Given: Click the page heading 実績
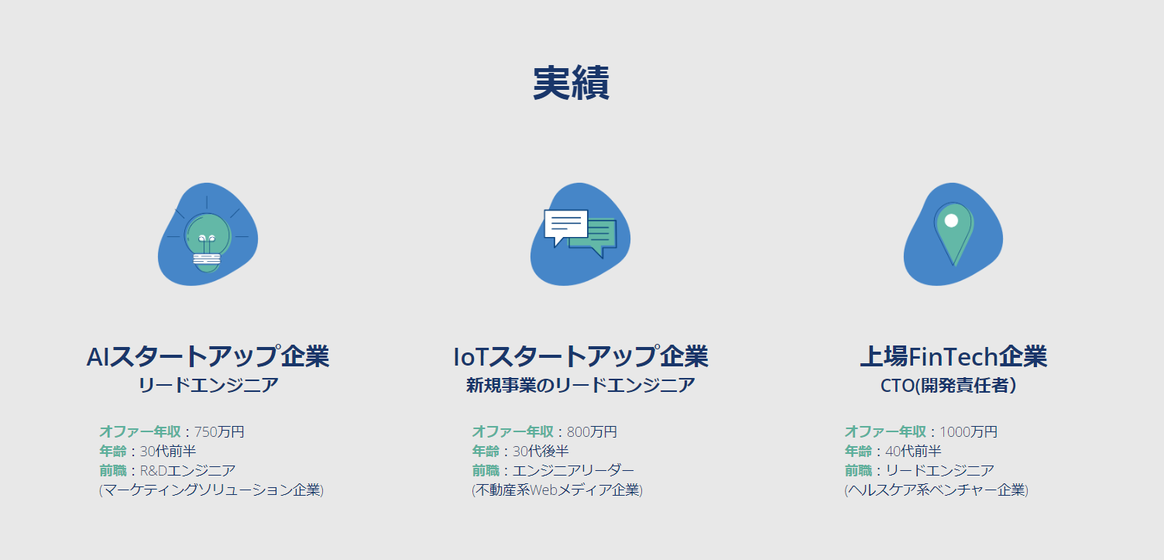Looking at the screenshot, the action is click(571, 83).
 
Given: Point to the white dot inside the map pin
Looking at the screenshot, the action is click(951, 220).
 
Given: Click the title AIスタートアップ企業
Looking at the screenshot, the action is click(208, 356).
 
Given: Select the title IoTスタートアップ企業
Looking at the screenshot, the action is click(580, 356).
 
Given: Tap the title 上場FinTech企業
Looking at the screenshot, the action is click(953, 356).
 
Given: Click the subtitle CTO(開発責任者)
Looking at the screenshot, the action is click(949, 386).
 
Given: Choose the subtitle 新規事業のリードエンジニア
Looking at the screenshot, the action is click(580, 386).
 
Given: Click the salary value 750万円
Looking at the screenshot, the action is click(218, 431).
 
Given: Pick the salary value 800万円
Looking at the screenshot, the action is click(592, 431).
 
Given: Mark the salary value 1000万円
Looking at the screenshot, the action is click(969, 431).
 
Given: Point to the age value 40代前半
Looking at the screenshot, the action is click(913, 451).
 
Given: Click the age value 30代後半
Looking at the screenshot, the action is click(541, 451).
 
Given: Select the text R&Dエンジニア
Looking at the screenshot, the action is click(187, 471).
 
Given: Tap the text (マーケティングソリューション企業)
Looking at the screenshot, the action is click(211, 490).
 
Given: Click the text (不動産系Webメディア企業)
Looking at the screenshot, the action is click(557, 490).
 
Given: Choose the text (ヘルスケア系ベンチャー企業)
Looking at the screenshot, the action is click(936, 490).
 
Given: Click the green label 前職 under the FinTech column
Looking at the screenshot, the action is click(858, 471).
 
